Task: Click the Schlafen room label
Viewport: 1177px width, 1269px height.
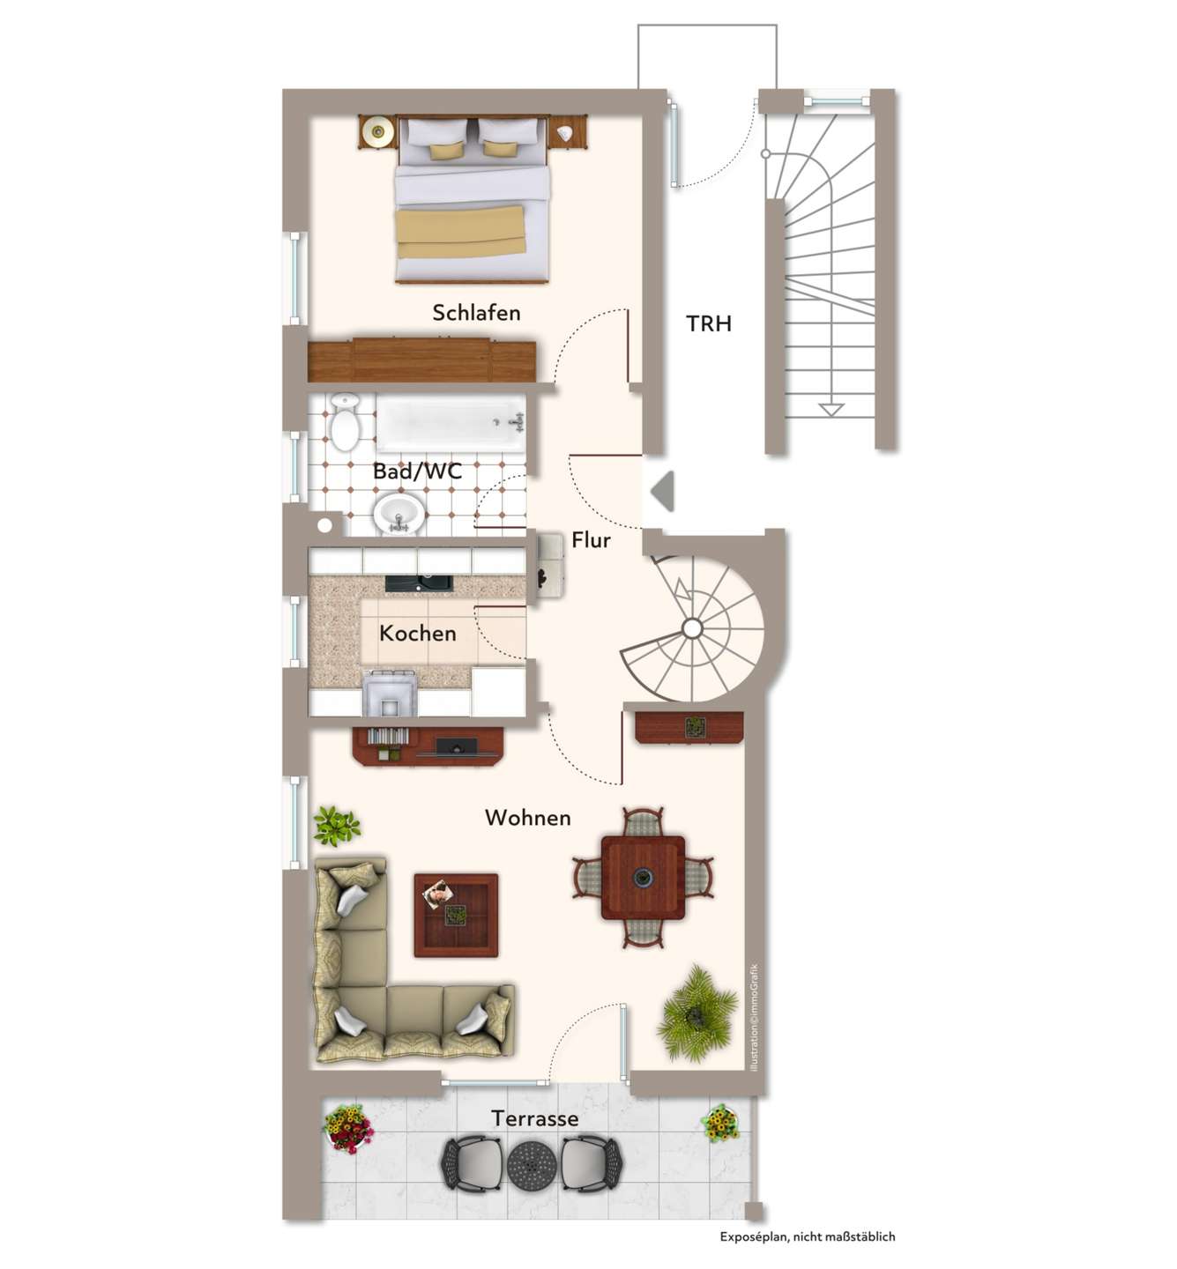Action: pyautogui.click(x=476, y=313)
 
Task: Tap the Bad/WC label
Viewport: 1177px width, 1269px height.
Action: pyautogui.click(x=418, y=471)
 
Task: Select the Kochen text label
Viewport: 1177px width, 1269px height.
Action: pyautogui.click(x=418, y=634)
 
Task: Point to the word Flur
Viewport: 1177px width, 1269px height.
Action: pyautogui.click(x=591, y=540)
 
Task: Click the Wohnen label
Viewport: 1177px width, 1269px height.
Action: pyautogui.click(x=528, y=817)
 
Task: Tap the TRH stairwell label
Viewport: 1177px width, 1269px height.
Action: pyautogui.click(x=709, y=324)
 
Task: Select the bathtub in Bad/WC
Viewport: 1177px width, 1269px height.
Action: pyautogui.click(x=451, y=422)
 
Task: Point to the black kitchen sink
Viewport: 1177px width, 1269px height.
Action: pyautogui.click(x=419, y=583)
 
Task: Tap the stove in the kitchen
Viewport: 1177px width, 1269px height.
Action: pyautogui.click(x=390, y=693)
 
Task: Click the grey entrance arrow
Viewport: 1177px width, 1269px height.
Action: pyautogui.click(x=663, y=492)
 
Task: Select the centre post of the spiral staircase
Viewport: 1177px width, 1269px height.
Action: pyautogui.click(x=692, y=628)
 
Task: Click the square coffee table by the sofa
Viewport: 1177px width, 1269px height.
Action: pyautogui.click(x=456, y=915)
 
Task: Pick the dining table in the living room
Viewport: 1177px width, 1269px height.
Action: pyautogui.click(x=643, y=878)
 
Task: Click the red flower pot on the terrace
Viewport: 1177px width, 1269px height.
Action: pyautogui.click(x=348, y=1129)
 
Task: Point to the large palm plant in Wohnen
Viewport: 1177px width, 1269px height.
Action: pyautogui.click(x=697, y=1014)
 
